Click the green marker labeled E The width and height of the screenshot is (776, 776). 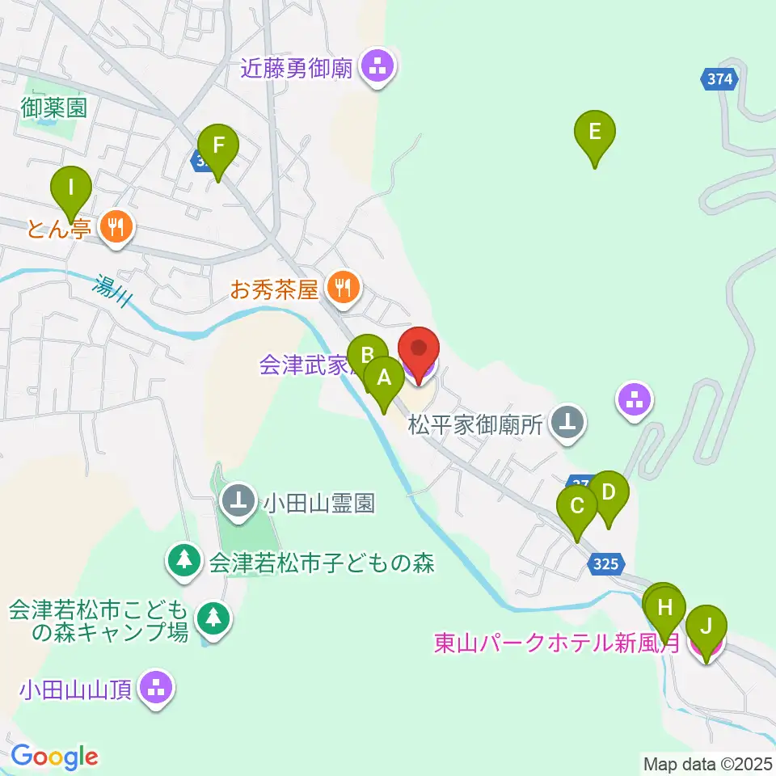pyautogui.click(x=595, y=132)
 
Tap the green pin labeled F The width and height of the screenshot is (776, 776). pyautogui.click(x=217, y=147)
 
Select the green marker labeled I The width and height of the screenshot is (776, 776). pyautogui.click(x=71, y=190)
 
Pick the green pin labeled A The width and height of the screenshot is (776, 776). pyautogui.click(x=384, y=378)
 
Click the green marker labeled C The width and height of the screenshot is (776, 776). pyautogui.click(x=577, y=508)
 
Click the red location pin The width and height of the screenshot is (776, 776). pyautogui.click(x=419, y=351)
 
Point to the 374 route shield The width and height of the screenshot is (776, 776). pyautogui.click(x=719, y=78)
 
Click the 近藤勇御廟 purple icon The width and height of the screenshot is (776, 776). pyautogui.click(x=377, y=67)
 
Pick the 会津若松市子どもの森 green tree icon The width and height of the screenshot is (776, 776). pyautogui.click(x=185, y=560)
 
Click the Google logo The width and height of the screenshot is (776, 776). pyautogui.click(x=54, y=757)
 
